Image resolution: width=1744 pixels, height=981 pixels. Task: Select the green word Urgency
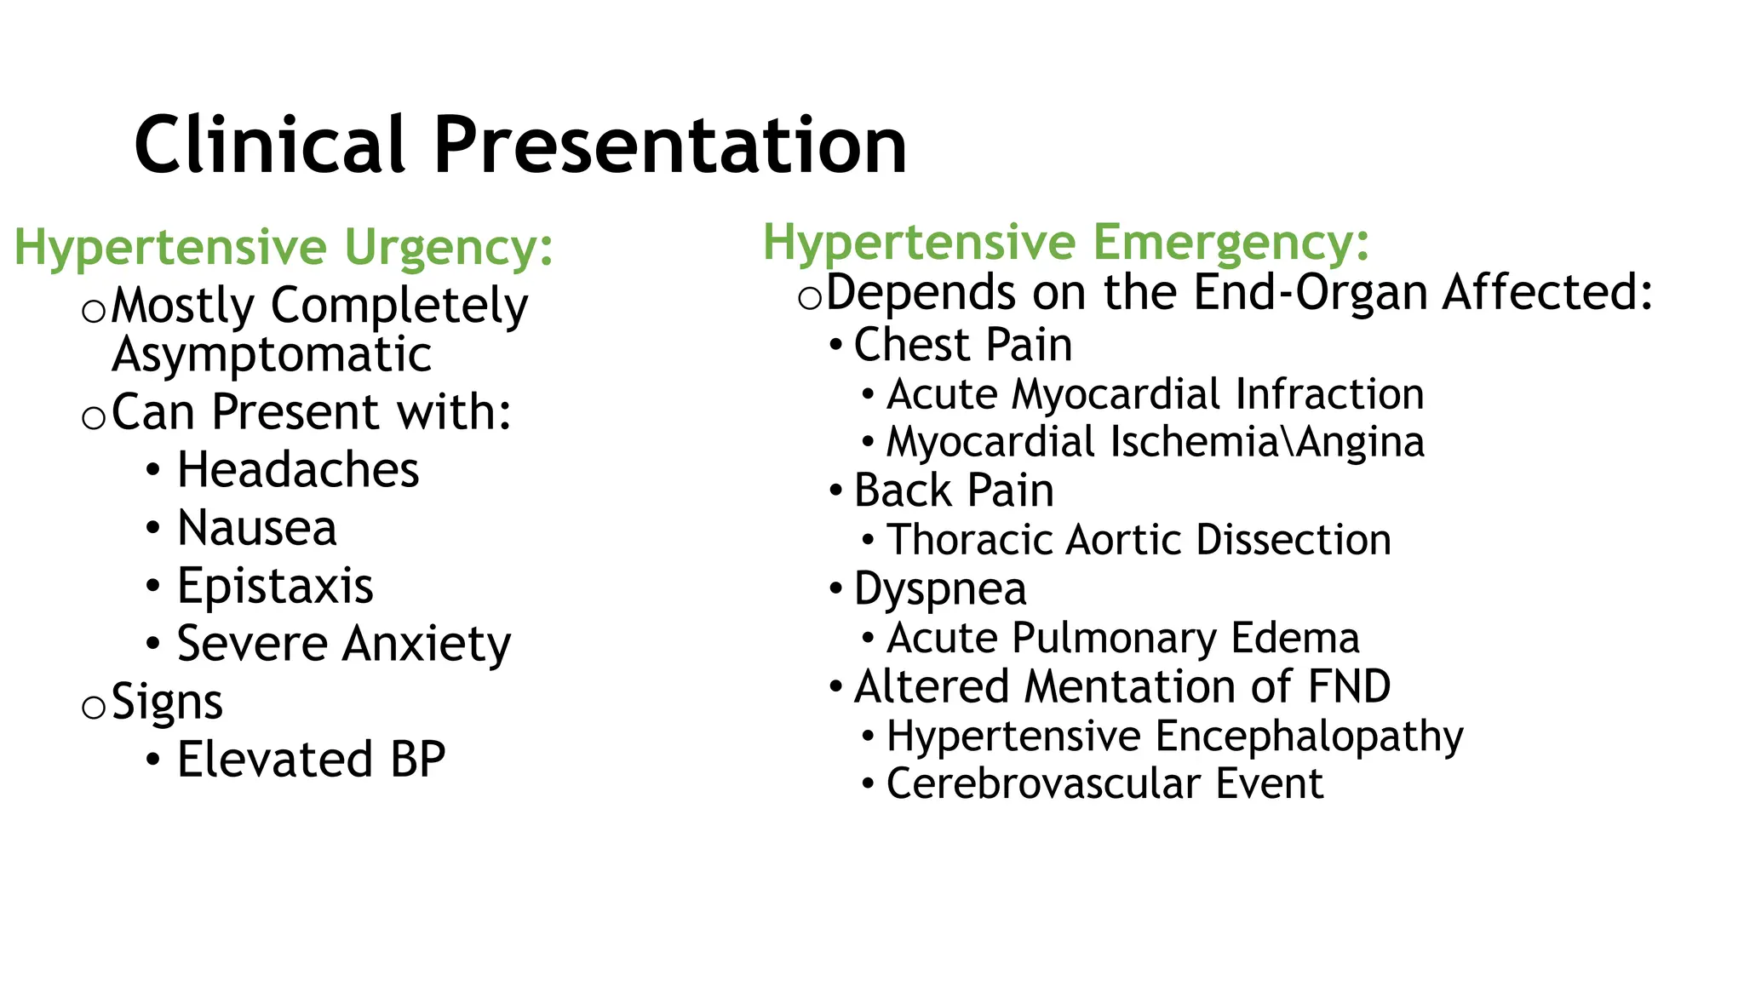pyautogui.click(x=448, y=248)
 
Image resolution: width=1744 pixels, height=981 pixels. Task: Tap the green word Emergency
pyautogui.click(x=1231, y=242)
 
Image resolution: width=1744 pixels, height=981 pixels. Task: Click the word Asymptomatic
pyautogui.click(x=272, y=355)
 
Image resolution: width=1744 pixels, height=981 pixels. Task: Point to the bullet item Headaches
pyautogui.click(x=298, y=470)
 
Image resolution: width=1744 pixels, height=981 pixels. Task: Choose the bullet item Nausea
pyautogui.click(x=256, y=528)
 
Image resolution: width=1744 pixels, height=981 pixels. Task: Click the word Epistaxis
pyautogui.click(x=275, y=586)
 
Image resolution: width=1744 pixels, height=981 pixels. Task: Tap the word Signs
pyautogui.click(x=167, y=703)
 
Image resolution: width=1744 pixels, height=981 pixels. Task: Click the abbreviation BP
pyautogui.click(x=417, y=760)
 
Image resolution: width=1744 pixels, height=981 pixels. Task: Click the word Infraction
pyautogui.click(x=1329, y=394)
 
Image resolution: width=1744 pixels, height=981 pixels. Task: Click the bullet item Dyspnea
pyautogui.click(x=940, y=589)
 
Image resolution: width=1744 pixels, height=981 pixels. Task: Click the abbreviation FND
pyautogui.click(x=1349, y=686)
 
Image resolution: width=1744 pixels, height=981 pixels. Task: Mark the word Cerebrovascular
pyautogui.click(x=1043, y=783)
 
